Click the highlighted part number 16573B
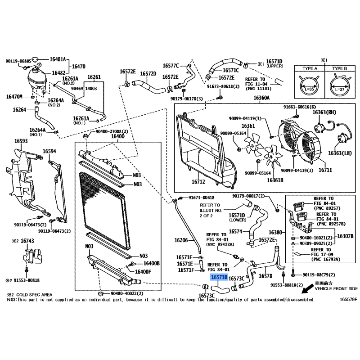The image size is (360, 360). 219,279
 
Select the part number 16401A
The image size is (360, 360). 58,59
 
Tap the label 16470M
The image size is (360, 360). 14,96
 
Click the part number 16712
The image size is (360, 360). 198,182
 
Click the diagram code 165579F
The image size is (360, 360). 348,299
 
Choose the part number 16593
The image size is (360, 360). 21,141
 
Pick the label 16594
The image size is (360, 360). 49,151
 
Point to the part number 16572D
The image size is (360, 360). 148,73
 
